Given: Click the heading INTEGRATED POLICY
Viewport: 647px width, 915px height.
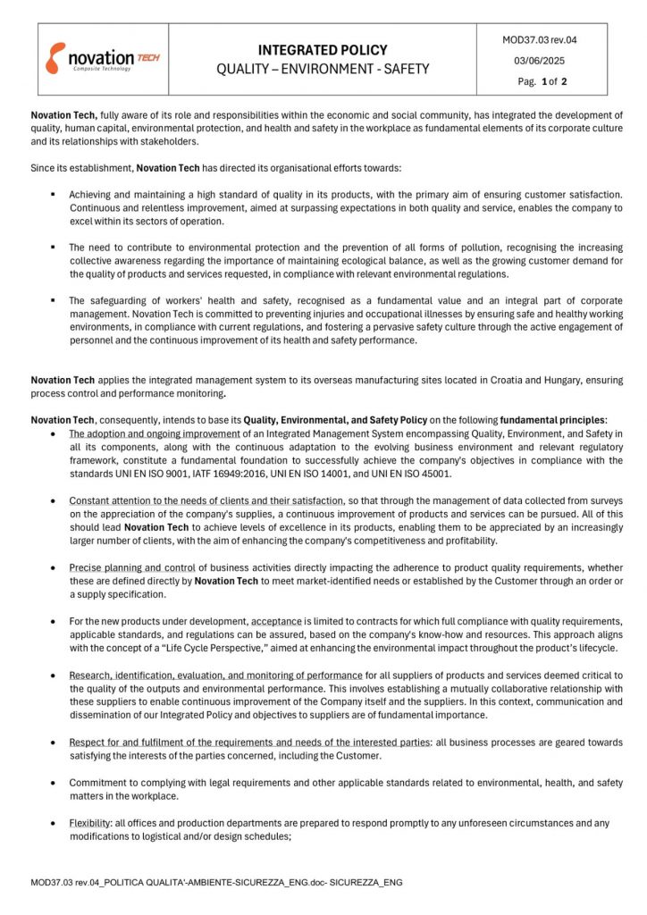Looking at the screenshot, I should pyautogui.click(x=323, y=50).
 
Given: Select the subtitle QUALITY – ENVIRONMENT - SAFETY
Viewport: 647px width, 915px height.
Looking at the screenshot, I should pyautogui.click(x=323, y=69).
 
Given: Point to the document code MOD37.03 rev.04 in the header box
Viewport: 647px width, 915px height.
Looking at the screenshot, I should pyautogui.click(x=540, y=39).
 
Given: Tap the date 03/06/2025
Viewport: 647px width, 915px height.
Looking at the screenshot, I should pyautogui.click(x=540, y=61).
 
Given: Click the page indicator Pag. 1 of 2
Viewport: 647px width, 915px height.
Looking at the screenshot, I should pyautogui.click(x=540, y=81).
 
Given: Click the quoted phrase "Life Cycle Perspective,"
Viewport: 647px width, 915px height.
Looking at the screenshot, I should pyautogui.click(x=197, y=648).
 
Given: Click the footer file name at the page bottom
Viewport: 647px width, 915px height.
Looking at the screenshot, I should pyautogui.click(x=215, y=882).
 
